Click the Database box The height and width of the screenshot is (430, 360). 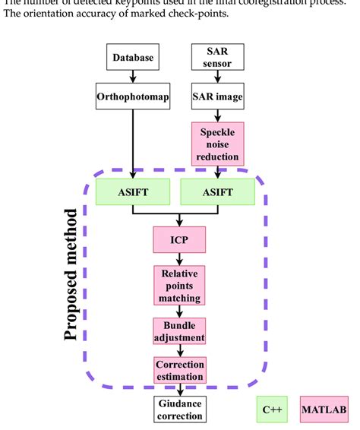click(133, 58)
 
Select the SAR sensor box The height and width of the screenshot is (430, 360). click(217, 58)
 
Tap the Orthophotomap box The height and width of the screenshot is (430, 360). click(133, 97)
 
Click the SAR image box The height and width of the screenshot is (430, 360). click(217, 97)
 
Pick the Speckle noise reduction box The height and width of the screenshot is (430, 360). click(217, 144)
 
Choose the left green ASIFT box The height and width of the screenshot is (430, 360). click(133, 192)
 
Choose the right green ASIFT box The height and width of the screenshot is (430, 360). click(217, 192)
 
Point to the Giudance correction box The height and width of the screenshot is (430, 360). click(179, 409)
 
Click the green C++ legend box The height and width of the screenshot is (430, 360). click(272, 409)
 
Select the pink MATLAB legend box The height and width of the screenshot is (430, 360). click(324, 409)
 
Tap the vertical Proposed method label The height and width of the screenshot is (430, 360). click(72, 273)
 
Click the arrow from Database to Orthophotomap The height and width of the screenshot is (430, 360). click(133, 77)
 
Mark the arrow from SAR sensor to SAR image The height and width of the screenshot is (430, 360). click(217, 77)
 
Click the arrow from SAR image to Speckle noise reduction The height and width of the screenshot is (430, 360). click(217, 115)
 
